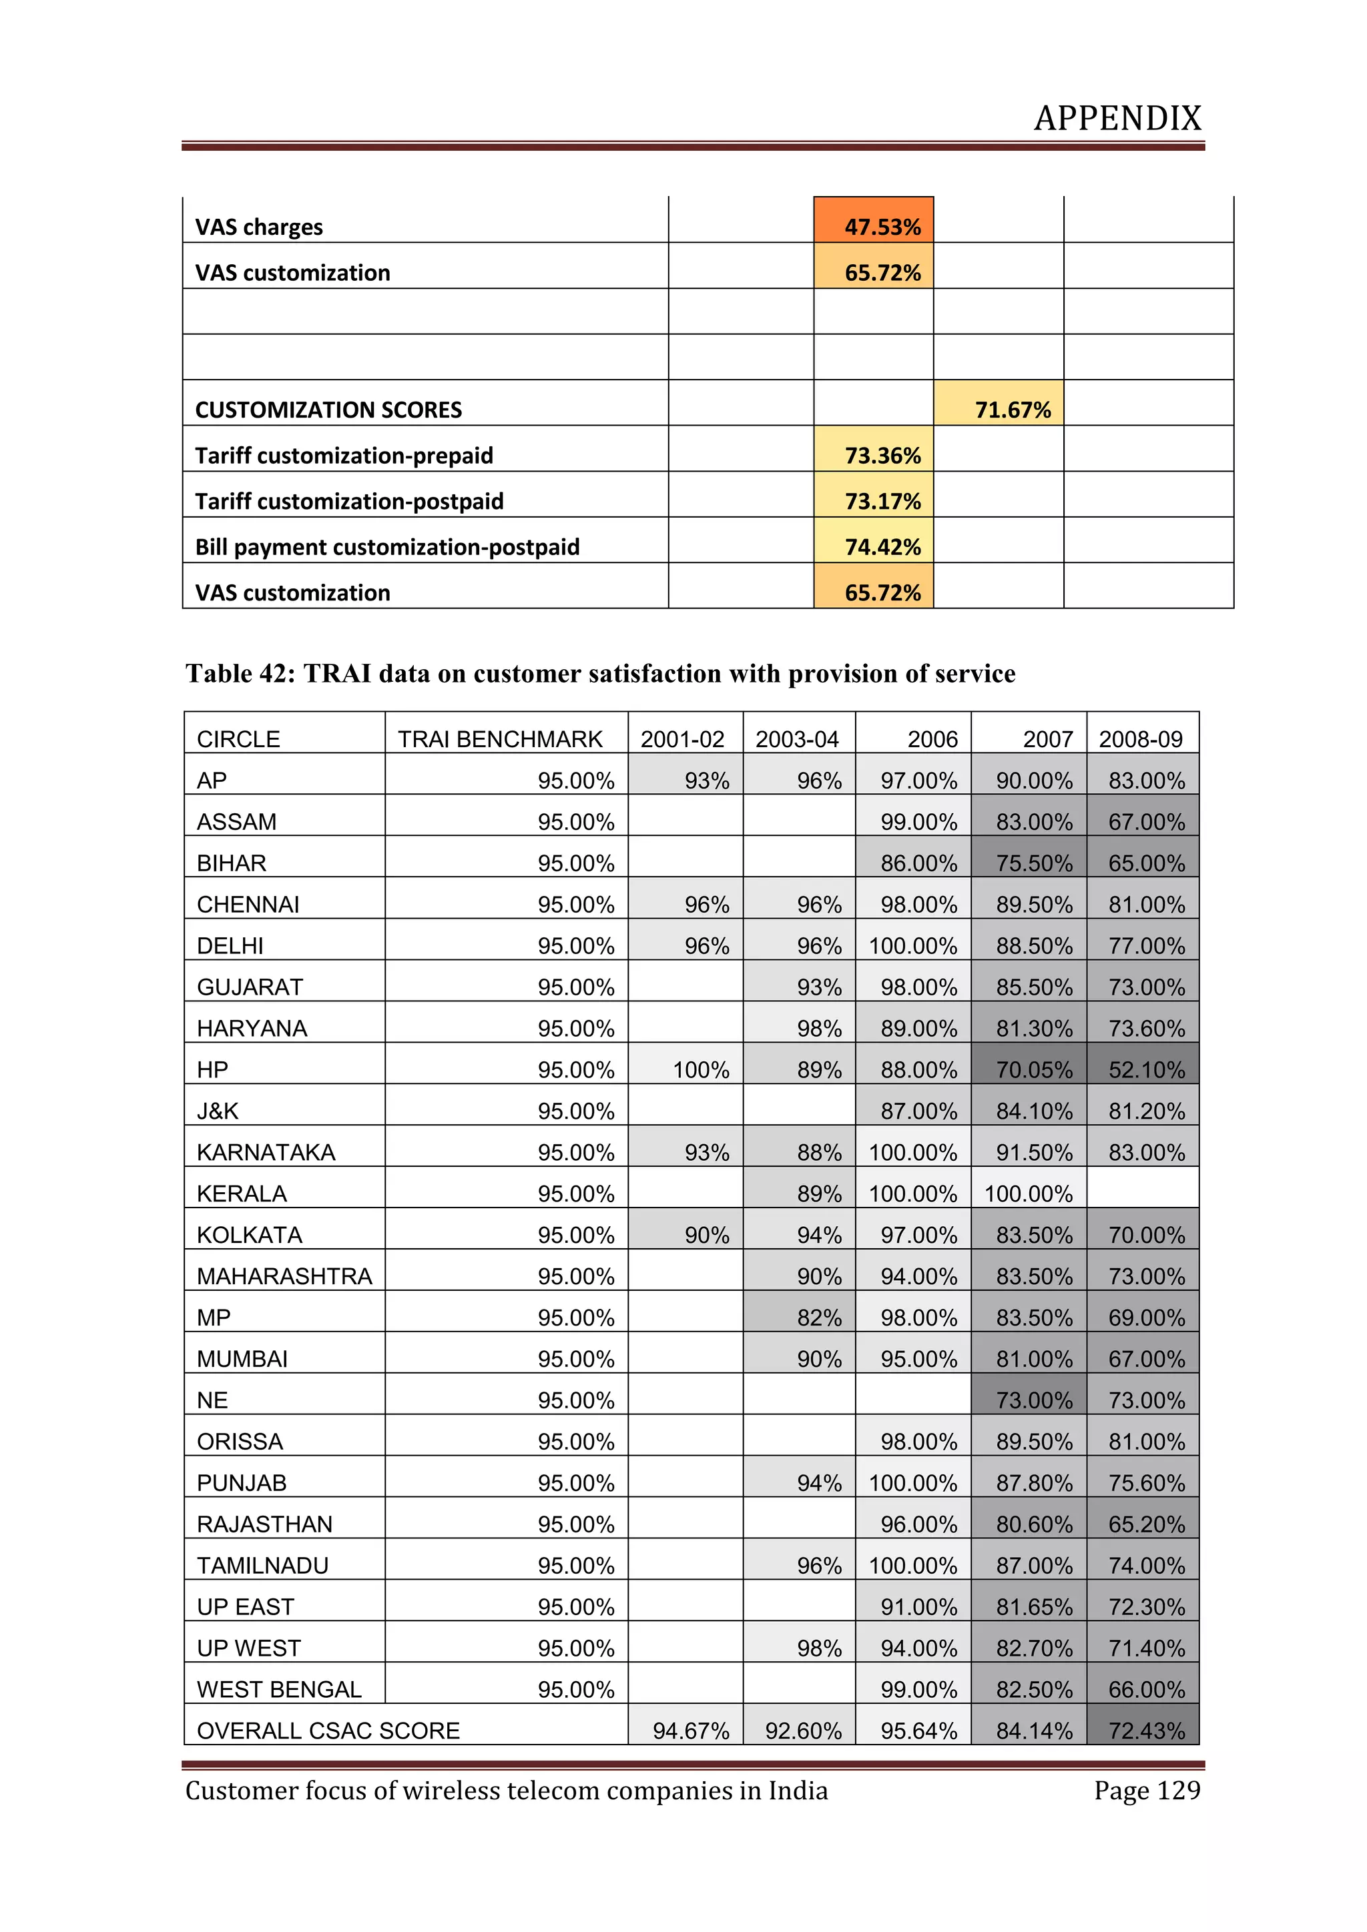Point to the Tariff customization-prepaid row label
click(344, 455)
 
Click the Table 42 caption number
click(270, 673)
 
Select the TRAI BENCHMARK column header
click(500, 739)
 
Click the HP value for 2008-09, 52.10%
click(1145, 1069)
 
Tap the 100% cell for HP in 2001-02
click(700, 1069)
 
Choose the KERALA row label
click(242, 1193)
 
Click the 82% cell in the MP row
click(819, 1317)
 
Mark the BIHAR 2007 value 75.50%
click(1034, 863)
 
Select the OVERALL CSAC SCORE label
click(328, 1730)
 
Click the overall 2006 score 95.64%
click(918, 1730)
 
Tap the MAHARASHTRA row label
click(284, 1276)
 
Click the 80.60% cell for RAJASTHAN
click(1034, 1524)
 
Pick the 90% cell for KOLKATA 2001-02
click(706, 1234)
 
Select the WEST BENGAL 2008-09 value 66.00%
click(1145, 1688)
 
